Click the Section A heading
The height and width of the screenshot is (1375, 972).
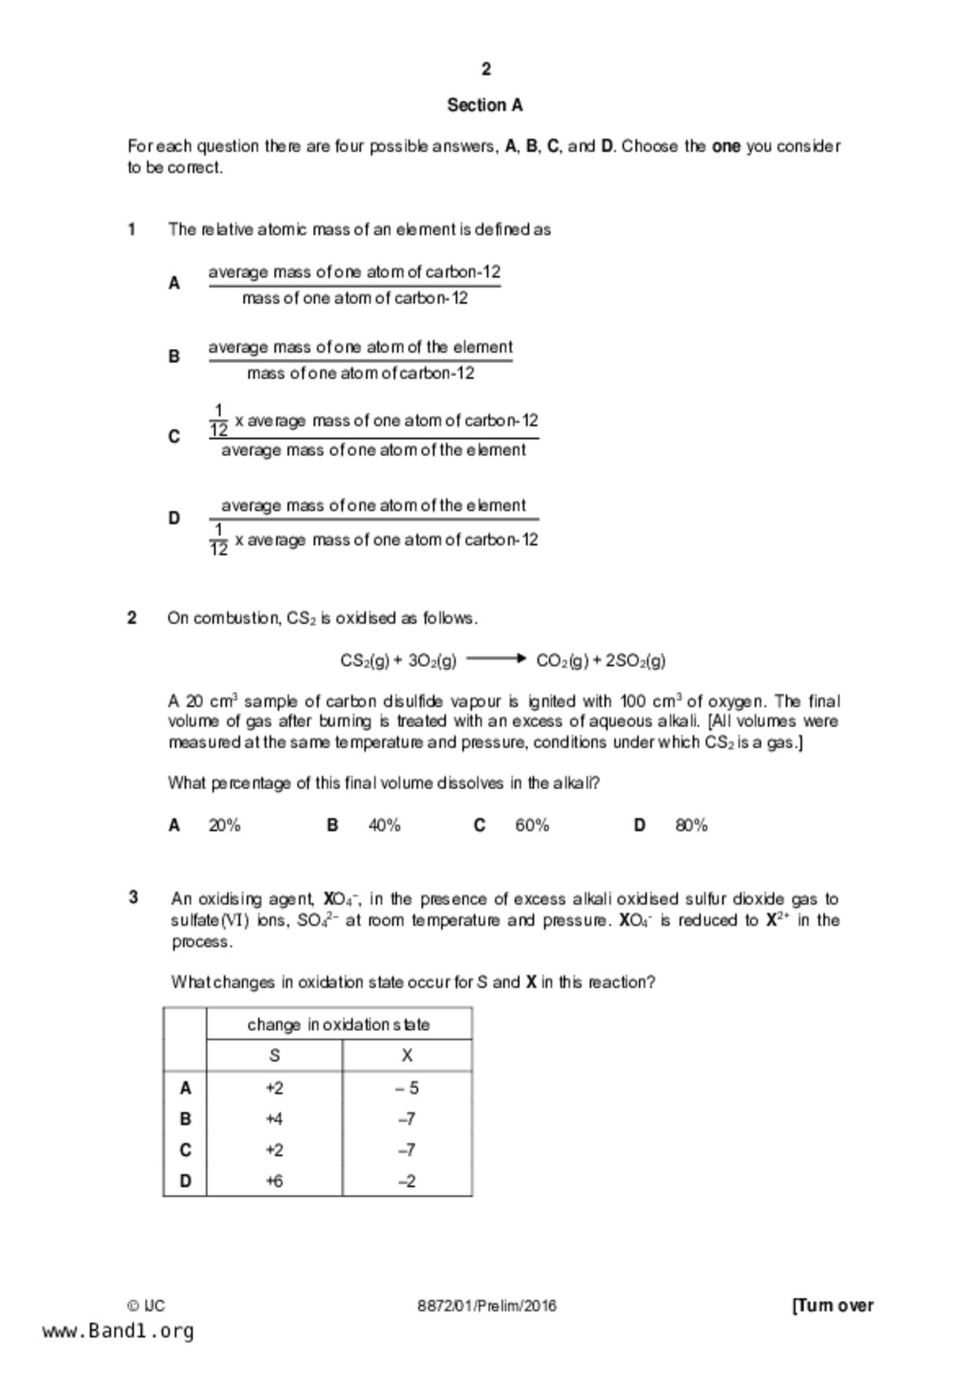click(x=485, y=105)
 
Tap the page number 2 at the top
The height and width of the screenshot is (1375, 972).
click(x=486, y=70)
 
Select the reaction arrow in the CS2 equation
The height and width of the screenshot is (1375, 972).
click(x=496, y=659)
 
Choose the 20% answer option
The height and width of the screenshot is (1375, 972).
click(x=224, y=825)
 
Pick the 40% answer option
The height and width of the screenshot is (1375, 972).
click(x=384, y=825)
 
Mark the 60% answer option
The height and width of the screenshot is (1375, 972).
click(x=532, y=825)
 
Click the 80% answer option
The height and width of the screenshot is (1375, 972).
click(x=691, y=825)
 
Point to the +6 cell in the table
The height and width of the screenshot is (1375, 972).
click(x=274, y=1181)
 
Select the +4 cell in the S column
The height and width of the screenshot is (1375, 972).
click(x=274, y=1119)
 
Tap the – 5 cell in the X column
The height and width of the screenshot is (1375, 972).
click(x=407, y=1088)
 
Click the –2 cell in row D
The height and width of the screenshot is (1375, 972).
click(x=407, y=1181)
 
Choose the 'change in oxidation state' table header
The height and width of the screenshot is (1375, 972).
click(x=338, y=1025)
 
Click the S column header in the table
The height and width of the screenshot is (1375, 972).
click(x=274, y=1056)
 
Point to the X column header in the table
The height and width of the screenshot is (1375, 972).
click(x=407, y=1056)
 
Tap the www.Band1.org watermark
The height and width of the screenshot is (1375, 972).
click(x=118, y=1331)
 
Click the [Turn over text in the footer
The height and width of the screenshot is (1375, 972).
click(x=832, y=1306)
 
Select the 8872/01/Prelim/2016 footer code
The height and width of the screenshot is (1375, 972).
click(x=486, y=1306)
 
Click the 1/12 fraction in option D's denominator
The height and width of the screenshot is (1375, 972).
click(x=219, y=540)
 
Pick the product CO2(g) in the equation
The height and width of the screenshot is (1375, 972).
click(x=562, y=661)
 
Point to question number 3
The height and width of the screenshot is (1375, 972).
click(x=133, y=898)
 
